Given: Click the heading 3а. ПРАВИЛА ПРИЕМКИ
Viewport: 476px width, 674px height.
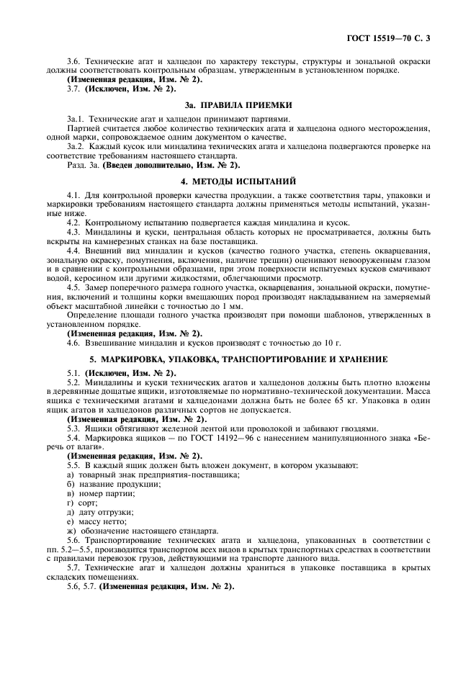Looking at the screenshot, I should [x=238, y=104].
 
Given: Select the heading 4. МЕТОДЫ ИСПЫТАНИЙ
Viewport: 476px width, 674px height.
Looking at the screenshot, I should [x=238, y=180].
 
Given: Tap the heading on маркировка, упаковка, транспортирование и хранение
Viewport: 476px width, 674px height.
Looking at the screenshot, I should [x=238, y=359].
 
